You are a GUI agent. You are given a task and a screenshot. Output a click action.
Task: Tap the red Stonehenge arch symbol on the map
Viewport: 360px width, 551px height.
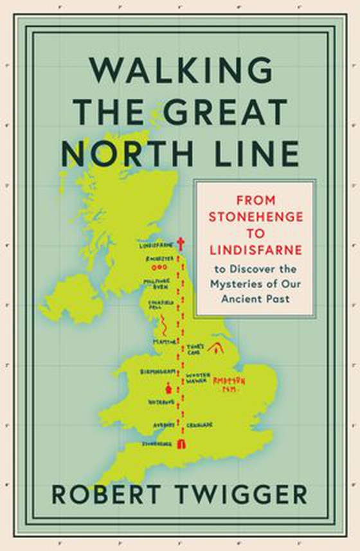pyautogui.click(x=181, y=444)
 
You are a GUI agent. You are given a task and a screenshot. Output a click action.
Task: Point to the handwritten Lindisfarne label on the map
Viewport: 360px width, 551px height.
pyautogui.click(x=154, y=245)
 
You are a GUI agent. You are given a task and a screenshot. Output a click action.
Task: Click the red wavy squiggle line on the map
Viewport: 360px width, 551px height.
pyautogui.click(x=165, y=321)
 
